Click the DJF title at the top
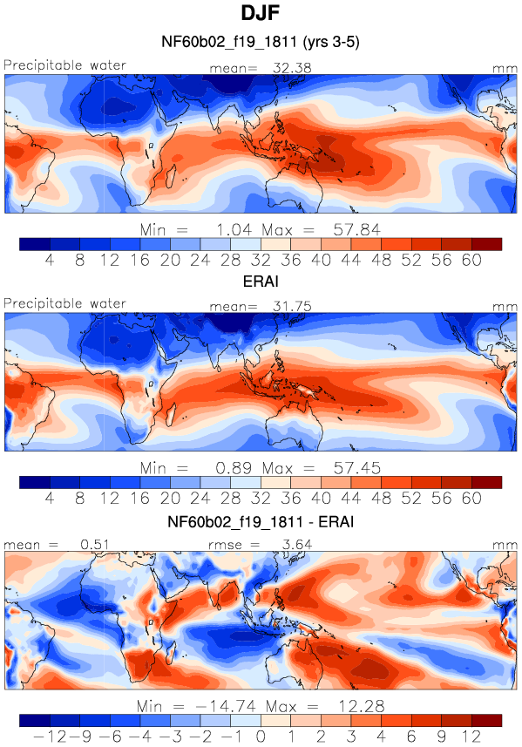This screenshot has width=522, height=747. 260,12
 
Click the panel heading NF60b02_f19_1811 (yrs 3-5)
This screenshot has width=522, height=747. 261,42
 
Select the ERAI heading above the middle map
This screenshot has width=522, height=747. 261,281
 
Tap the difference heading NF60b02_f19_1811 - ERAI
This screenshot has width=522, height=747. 261,521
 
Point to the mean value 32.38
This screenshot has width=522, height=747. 292,68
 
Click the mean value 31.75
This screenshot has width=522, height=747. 292,306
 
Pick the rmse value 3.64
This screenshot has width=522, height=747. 296,544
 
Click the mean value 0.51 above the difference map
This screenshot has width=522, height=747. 95,544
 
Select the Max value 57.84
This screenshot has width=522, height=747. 356,230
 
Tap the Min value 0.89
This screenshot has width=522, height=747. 234,468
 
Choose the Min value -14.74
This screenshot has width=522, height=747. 226,706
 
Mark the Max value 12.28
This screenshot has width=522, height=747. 362,706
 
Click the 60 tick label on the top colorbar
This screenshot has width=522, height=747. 471,260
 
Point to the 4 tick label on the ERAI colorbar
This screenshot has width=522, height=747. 50,499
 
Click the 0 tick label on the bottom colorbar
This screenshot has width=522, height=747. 261,737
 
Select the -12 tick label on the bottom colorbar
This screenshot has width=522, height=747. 50,737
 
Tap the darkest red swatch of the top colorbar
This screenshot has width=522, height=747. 487,244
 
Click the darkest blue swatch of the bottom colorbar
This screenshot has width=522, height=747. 35,720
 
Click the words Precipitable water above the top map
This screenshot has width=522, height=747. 64,65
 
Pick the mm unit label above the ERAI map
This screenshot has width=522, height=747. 505,308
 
